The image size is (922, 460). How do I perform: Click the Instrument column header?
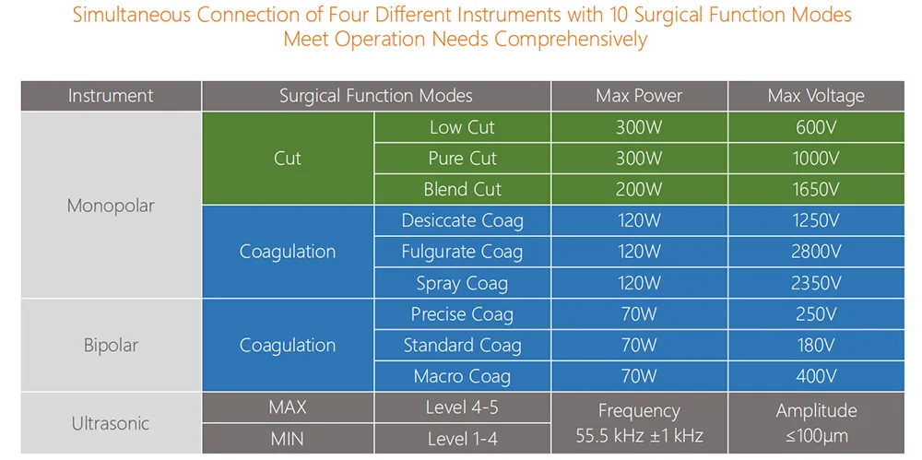point(111,96)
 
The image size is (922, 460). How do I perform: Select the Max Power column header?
point(639,96)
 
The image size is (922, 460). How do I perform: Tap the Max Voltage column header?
point(816,96)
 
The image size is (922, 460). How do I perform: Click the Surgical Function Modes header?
point(376,96)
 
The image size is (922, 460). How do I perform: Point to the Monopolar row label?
point(111,206)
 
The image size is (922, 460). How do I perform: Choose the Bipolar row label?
point(111,346)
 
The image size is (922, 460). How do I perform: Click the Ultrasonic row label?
point(111,424)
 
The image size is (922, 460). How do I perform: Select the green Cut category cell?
point(288,159)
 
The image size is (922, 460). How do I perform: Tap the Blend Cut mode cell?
point(462,190)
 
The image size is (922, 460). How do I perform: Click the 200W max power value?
point(639,190)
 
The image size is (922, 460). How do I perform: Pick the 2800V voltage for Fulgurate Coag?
point(816,252)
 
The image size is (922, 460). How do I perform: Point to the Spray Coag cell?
point(462,283)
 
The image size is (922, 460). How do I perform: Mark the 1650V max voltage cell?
point(816,190)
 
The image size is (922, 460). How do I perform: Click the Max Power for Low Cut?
point(639,128)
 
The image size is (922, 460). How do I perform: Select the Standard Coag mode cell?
point(462,346)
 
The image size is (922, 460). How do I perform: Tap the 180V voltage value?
point(816,346)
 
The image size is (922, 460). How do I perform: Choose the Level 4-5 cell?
point(462,407)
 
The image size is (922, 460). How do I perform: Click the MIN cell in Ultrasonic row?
point(288,439)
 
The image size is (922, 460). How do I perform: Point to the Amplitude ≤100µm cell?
point(816,423)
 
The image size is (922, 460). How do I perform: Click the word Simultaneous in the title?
point(130,16)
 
